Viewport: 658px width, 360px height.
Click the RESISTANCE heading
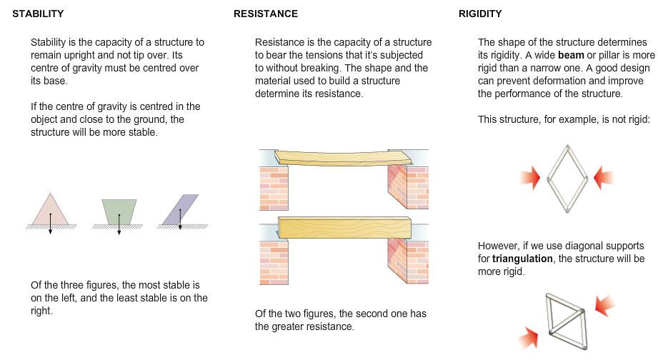pyautogui.click(x=266, y=14)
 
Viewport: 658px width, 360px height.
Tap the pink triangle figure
pyautogui.click(x=50, y=209)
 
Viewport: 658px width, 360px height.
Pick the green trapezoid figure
pyautogui.click(x=119, y=209)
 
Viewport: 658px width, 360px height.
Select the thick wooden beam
pyautogui.click(x=346, y=228)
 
